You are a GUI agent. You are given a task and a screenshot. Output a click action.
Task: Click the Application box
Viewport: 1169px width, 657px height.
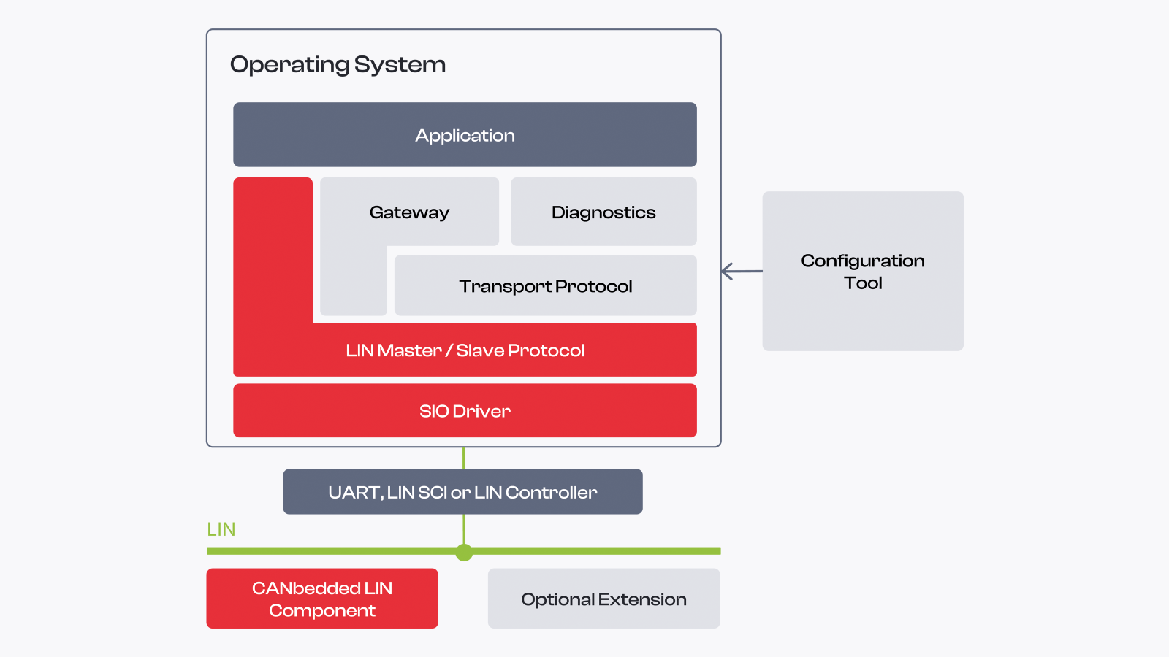(465, 134)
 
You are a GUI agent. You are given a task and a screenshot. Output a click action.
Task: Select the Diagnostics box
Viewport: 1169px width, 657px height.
(603, 211)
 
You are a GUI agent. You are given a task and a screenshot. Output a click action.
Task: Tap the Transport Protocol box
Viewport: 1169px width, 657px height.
(545, 285)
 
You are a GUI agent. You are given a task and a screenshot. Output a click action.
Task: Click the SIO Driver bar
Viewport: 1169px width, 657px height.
(465, 410)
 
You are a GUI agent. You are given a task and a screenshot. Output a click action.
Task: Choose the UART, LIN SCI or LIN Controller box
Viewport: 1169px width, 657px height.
(462, 491)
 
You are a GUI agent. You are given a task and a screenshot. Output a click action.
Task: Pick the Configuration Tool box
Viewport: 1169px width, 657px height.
(863, 271)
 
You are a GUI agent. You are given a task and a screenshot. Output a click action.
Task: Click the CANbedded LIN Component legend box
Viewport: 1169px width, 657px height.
(322, 598)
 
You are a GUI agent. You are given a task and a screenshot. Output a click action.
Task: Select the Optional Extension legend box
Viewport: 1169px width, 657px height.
(603, 598)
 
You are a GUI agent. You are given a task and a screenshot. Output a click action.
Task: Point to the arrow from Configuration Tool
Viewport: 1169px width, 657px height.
(742, 271)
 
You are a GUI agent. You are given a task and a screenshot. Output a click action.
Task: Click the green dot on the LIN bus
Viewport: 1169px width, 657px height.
(464, 552)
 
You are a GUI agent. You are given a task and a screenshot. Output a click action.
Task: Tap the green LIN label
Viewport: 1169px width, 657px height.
(221, 529)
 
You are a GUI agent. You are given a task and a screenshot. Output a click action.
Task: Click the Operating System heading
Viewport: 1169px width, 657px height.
(338, 65)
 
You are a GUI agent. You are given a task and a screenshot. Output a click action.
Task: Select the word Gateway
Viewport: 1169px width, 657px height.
(409, 212)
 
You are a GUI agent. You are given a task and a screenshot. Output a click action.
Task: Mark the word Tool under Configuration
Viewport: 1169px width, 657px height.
(863, 283)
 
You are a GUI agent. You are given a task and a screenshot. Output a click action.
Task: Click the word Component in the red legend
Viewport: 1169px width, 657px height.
(322, 610)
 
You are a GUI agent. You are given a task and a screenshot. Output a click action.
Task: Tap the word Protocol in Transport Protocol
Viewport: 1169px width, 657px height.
(593, 286)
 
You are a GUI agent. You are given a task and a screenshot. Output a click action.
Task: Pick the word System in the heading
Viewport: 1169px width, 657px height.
(400, 65)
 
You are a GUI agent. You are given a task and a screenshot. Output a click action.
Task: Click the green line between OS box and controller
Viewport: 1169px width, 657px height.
(463, 458)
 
